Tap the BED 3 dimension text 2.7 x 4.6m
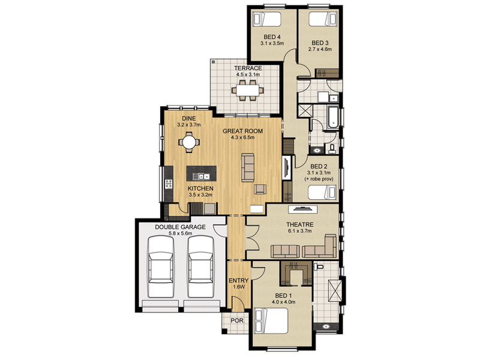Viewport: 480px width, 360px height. (x=320, y=49)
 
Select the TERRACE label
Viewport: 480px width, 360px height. (x=248, y=68)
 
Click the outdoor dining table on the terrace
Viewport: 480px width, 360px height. (x=248, y=91)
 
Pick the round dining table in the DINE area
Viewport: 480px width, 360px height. (x=189, y=142)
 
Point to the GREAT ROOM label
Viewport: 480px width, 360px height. (x=242, y=131)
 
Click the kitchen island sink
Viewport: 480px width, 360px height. (x=201, y=176)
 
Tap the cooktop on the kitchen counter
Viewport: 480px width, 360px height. (x=169, y=184)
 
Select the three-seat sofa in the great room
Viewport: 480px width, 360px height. (x=248, y=167)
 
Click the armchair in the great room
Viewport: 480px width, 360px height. (x=260, y=189)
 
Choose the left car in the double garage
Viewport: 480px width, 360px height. (x=160, y=266)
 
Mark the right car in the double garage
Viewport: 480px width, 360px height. (x=200, y=266)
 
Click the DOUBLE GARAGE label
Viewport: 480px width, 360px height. (x=180, y=227)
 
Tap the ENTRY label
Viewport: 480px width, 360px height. (x=238, y=280)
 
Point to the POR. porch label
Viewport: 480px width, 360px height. (x=238, y=321)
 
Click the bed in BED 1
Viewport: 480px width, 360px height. (x=271, y=320)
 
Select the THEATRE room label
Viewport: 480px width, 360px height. (x=299, y=224)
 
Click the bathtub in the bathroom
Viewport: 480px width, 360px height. (x=333, y=116)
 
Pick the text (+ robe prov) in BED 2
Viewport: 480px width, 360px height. (x=319, y=179)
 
